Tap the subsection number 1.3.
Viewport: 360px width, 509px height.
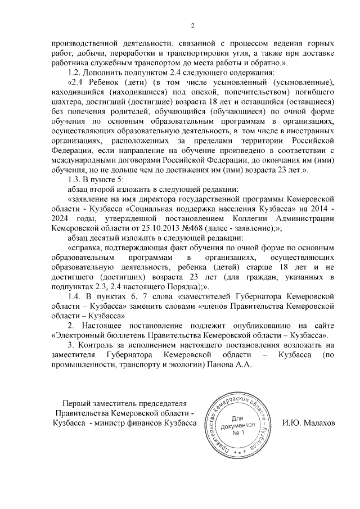75,179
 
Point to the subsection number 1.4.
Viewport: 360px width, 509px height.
75,295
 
